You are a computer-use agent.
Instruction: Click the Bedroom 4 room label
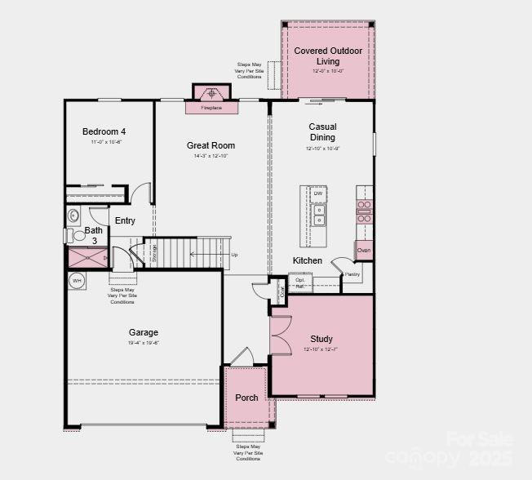coord(104,131)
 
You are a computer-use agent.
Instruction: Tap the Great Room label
coord(211,145)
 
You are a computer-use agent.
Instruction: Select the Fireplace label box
coord(211,108)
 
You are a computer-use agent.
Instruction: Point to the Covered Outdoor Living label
coord(328,56)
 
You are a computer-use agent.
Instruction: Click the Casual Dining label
coord(322,132)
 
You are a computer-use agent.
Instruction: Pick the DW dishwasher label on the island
coord(318,193)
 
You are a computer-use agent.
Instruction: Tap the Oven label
coord(364,251)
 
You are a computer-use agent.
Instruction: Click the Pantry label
coord(352,275)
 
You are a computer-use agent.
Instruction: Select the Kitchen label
coord(308,261)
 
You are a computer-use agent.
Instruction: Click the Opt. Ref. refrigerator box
coord(300,283)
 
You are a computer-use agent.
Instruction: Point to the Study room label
coord(321,339)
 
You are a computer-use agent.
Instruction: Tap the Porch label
coord(246,398)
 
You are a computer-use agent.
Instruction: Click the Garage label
coord(143,332)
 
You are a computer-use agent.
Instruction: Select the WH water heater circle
coord(77,281)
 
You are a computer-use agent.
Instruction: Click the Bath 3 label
coord(94,236)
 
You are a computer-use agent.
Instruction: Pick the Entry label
coord(125,220)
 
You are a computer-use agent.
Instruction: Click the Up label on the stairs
coord(235,255)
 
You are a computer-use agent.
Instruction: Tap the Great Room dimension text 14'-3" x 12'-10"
coord(211,156)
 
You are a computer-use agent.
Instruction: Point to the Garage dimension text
coord(143,343)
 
